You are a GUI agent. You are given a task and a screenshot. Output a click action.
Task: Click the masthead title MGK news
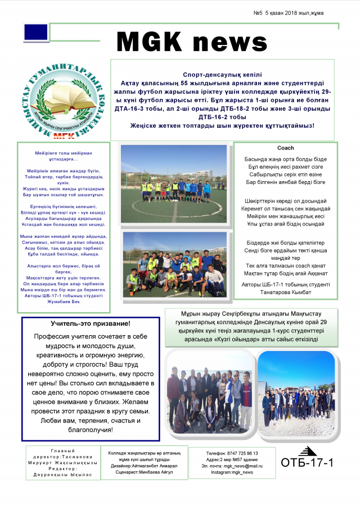[191, 42]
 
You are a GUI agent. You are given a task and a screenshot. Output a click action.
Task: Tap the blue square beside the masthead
[35, 33]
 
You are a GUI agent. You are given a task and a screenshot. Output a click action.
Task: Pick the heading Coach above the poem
[285, 148]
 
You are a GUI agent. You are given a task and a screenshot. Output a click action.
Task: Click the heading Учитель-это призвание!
[90, 324]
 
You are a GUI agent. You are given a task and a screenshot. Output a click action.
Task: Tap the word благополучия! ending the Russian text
[90, 430]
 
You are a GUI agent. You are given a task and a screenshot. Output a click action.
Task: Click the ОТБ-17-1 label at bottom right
[307, 463]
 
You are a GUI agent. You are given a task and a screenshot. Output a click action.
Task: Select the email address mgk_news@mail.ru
[232, 466]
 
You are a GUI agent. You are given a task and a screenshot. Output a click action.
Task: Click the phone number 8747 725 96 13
[232, 453]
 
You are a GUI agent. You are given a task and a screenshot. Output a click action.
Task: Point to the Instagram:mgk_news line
[232, 472]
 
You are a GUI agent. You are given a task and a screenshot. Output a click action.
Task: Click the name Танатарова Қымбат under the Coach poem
[285, 292]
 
